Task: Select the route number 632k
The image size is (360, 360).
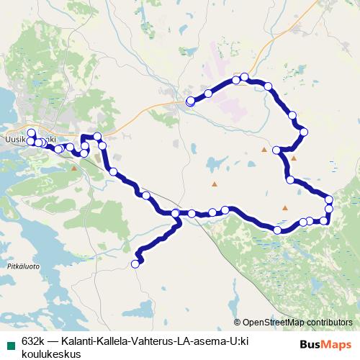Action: click(x=34, y=340)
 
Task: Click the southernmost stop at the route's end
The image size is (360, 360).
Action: click(x=135, y=264)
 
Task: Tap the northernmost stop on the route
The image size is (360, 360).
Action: click(x=245, y=77)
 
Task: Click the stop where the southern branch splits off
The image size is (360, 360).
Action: click(x=176, y=213)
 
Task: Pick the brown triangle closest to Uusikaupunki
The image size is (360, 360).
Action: click(x=74, y=168)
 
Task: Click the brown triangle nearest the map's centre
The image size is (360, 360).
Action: click(x=213, y=185)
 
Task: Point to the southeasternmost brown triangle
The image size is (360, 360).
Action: click(x=285, y=208)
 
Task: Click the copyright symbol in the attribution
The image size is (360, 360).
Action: click(x=238, y=322)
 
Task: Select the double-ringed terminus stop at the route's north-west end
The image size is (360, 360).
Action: click(x=190, y=102)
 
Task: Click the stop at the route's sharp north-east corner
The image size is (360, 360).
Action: click(x=305, y=132)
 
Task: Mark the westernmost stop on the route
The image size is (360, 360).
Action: click(x=30, y=133)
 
